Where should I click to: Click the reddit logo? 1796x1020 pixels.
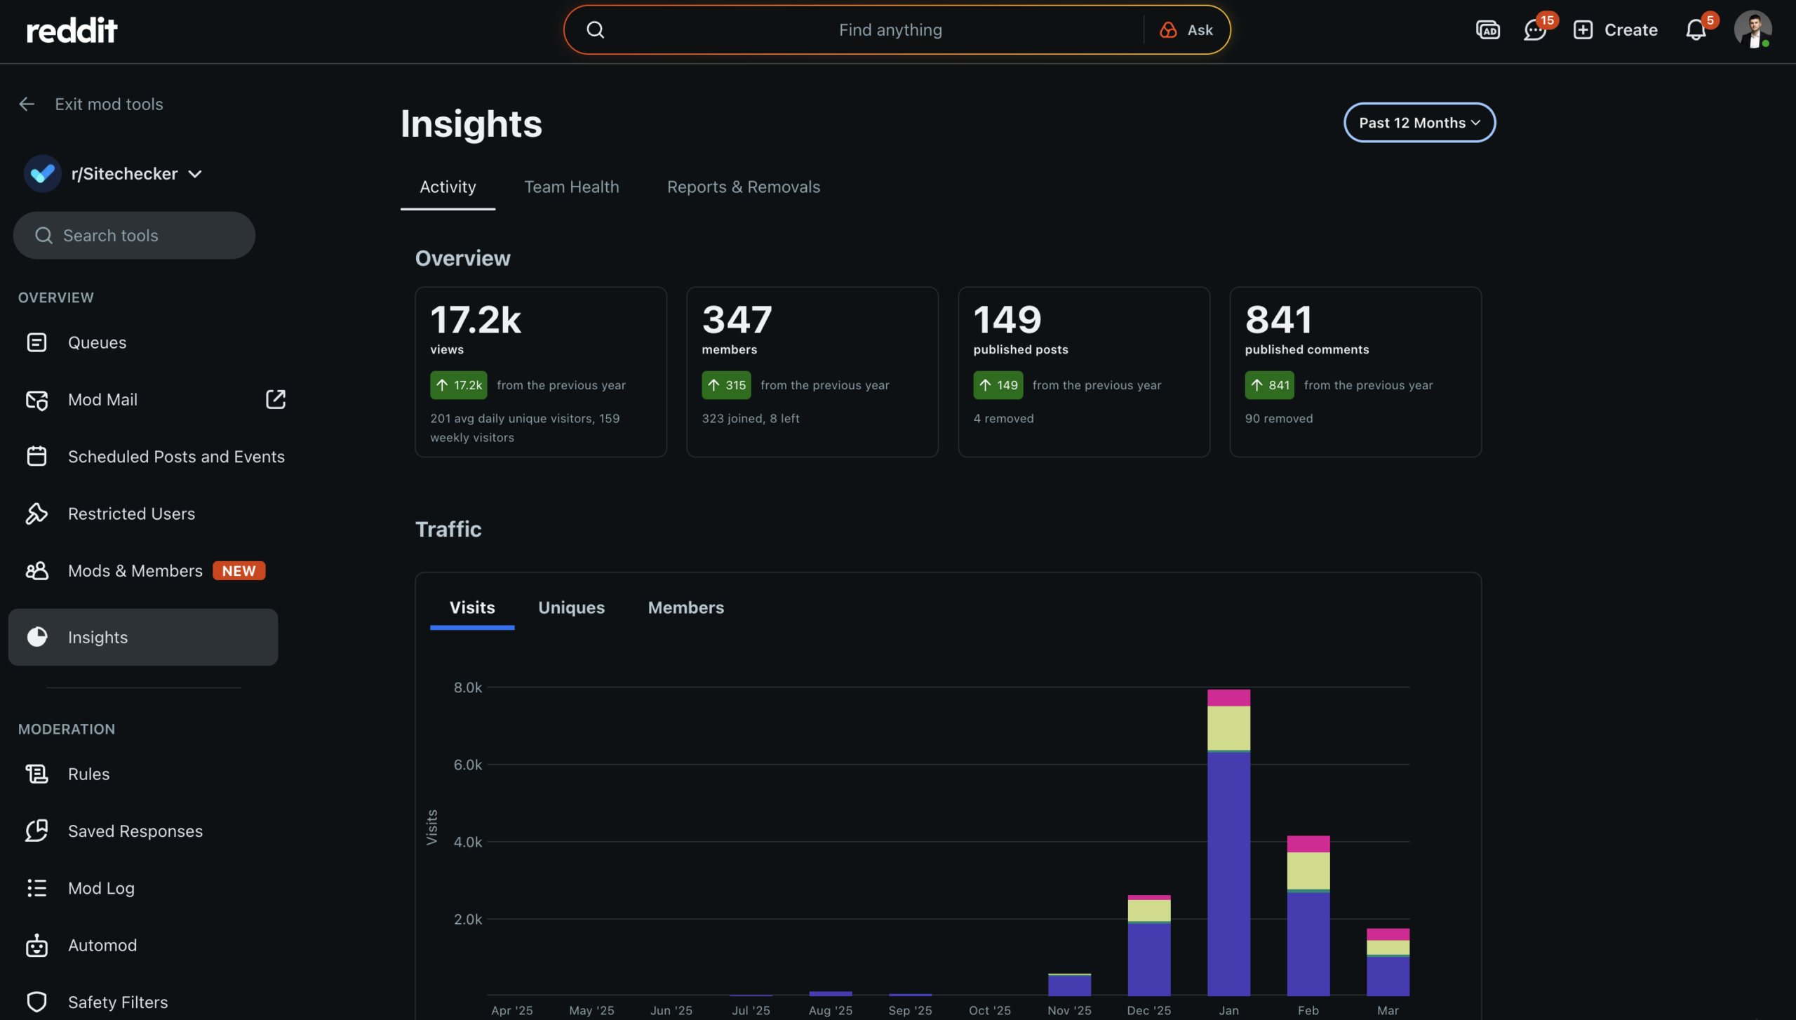72,30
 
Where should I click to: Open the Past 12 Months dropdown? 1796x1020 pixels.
1419,123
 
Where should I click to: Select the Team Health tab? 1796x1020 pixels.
571,187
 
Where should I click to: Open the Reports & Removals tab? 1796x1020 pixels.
743,187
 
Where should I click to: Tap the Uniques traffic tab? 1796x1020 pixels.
571,608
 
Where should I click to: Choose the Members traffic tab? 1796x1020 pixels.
685,608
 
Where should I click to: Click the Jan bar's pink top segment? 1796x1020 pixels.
1228,697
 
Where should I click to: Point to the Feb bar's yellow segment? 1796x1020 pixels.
1308,870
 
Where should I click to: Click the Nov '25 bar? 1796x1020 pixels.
1068,985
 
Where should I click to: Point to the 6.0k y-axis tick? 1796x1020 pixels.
467,765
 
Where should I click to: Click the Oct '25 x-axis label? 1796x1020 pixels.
989,1010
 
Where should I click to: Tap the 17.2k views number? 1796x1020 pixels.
475,320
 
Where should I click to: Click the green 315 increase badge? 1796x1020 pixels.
726,385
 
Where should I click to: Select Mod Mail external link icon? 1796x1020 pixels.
275,399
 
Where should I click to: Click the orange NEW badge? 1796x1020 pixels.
239,571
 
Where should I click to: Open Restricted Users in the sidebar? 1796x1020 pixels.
131,514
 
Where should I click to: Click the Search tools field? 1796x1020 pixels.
133,236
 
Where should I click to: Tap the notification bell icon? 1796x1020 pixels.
1695,30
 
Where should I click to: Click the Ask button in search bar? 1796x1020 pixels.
1187,30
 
